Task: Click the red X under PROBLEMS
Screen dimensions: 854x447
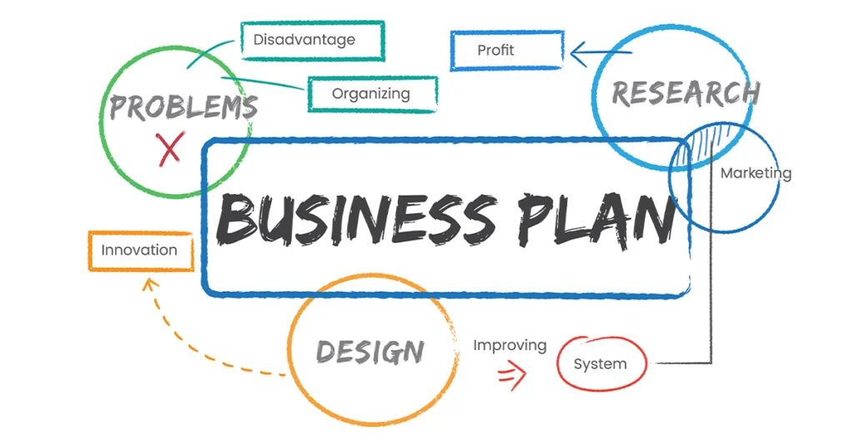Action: point(170,148)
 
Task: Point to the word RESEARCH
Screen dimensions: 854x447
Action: point(686,93)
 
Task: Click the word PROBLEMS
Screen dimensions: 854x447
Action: point(183,106)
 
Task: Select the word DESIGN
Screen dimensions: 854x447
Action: point(370,351)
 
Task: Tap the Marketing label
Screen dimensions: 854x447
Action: point(756,173)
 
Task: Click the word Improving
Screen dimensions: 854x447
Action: point(510,346)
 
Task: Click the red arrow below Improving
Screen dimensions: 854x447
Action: point(512,375)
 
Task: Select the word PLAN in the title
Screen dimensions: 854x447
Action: point(595,220)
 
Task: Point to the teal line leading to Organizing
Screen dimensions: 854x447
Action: point(263,83)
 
